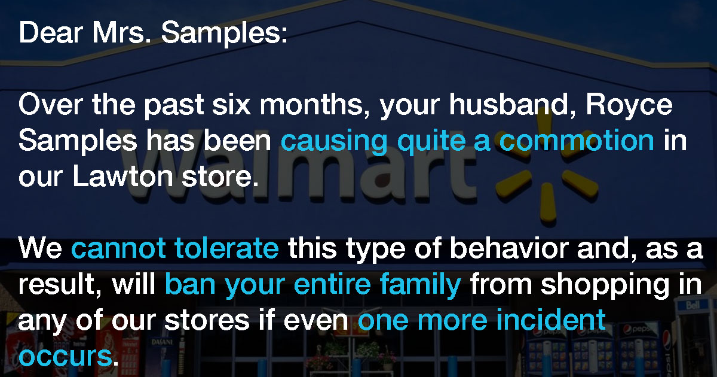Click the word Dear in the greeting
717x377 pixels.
tap(51, 32)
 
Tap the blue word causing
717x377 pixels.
tap(334, 141)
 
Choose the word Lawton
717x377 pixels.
tap(123, 176)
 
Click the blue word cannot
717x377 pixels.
tap(118, 248)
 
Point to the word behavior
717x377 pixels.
tap(509, 248)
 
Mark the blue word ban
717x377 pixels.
tap(190, 284)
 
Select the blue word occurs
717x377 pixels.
tap(65, 356)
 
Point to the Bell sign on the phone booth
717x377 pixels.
tap(693, 305)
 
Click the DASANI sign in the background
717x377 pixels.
tap(162, 342)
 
